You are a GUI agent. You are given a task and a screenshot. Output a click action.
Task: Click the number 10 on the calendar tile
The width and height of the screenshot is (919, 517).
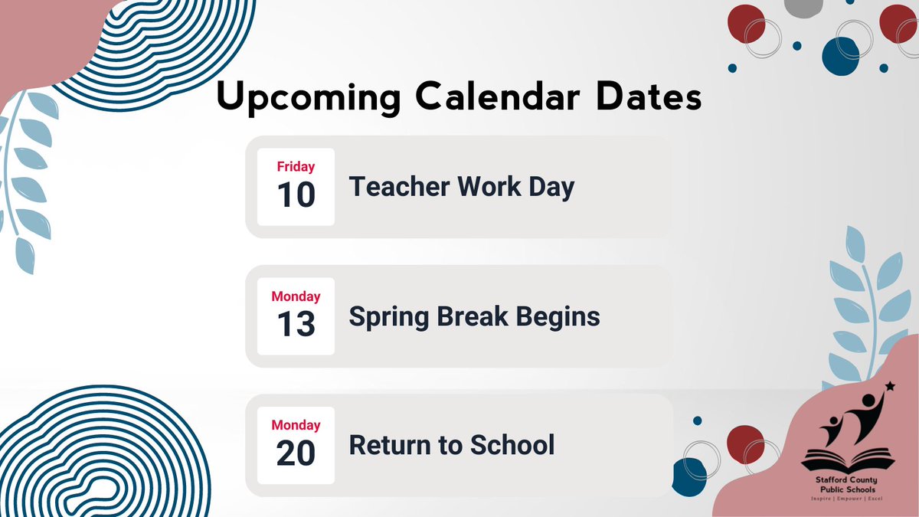click(x=296, y=195)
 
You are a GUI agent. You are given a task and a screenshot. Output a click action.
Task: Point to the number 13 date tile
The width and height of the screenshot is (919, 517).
click(x=296, y=324)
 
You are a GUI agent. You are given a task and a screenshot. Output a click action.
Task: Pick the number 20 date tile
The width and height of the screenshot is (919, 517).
click(x=296, y=453)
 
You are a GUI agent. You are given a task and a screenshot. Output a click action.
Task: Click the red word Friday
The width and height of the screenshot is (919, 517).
click(x=296, y=166)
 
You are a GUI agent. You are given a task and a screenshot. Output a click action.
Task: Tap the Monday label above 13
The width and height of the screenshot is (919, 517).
click(x=296, y=296)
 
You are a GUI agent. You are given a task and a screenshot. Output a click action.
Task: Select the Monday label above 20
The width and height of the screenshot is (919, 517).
click(x=296, y=424)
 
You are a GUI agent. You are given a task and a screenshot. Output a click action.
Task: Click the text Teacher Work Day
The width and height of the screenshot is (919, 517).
click(x=462, y=187)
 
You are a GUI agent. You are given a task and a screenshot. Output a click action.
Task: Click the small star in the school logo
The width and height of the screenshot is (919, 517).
click(x=888, y=385)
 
